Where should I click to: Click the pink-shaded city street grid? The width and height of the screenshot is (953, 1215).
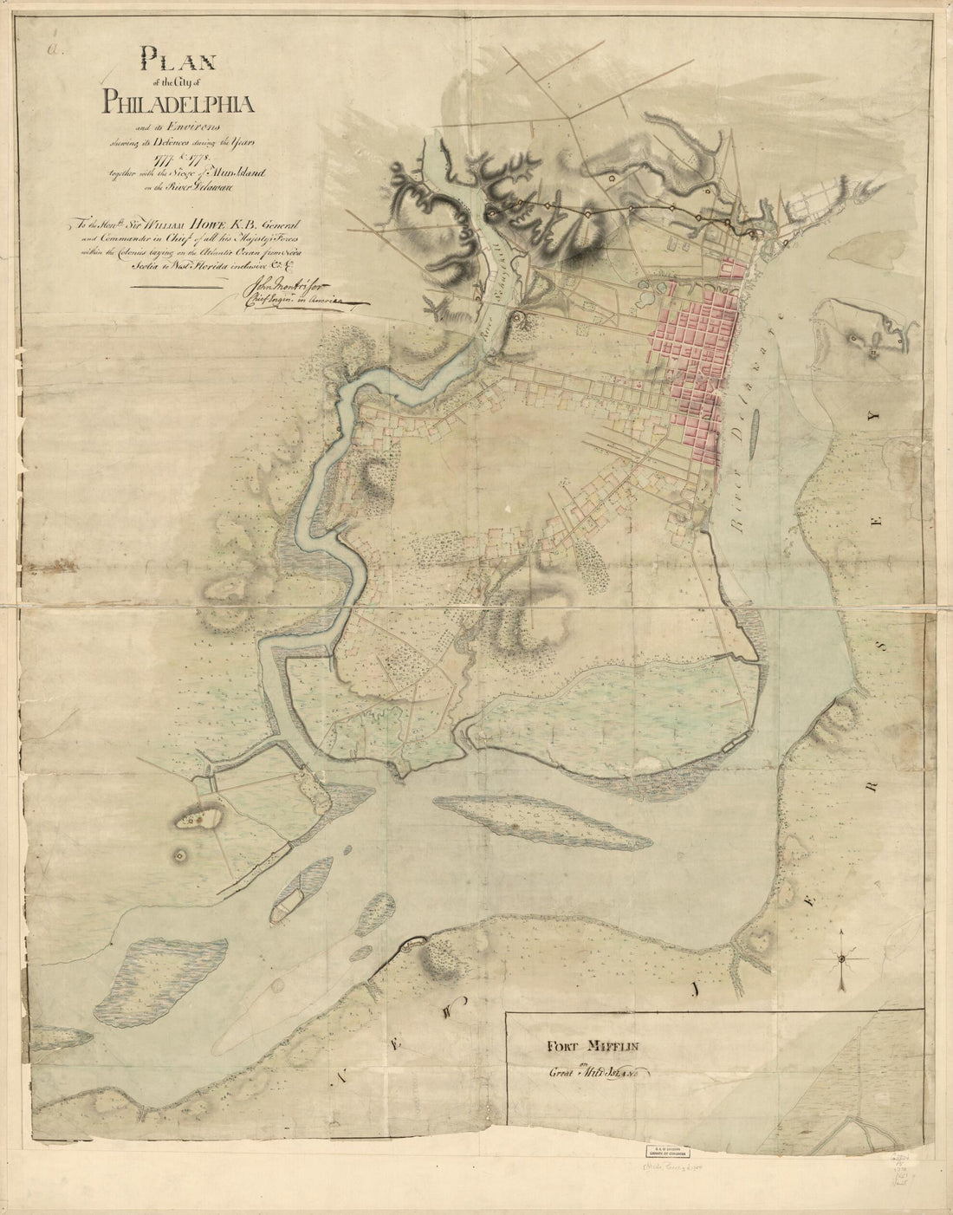coord(693,355)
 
